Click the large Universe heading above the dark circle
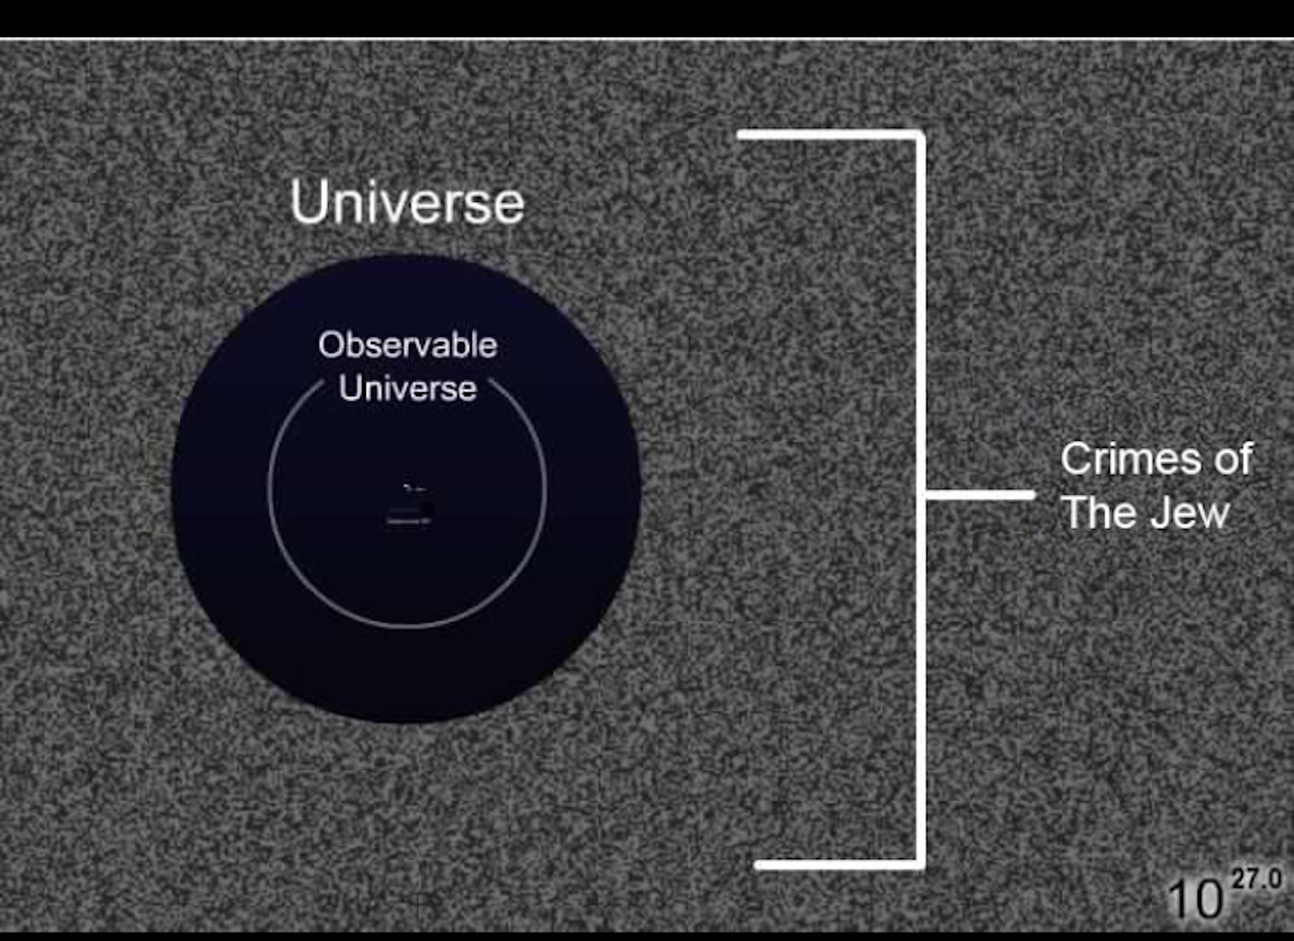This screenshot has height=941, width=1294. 407,202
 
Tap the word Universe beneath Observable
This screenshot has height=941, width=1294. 408,389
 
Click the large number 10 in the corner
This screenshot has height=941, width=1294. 1195,899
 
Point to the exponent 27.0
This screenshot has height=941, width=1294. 1256,879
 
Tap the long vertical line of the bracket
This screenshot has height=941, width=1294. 920,500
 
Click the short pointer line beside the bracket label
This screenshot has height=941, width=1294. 980,495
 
